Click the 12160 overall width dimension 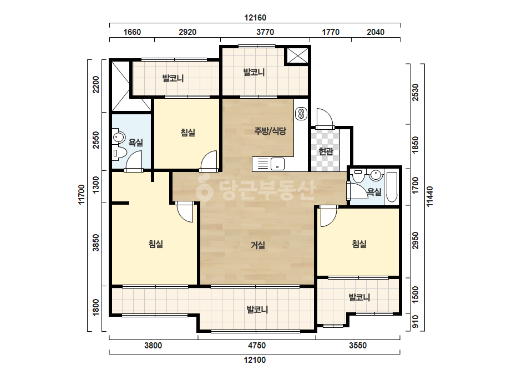point(255,18)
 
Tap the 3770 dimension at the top point(265,32)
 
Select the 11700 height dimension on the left point(82,195)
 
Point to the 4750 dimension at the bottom point(257,345)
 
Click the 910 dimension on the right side point(415,322)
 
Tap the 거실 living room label point(257,245)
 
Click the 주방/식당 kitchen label point(270,131)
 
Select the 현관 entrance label point(326,151)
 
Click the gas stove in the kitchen point(301,114)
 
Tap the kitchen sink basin point(277,164)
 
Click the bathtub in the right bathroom point(392,187)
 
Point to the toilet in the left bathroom point(119,153)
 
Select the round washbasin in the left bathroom point(119,137)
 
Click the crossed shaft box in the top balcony point(297,55)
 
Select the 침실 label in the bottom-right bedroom point(359,244)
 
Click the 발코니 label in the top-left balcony point(173,78)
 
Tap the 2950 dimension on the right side point(415,241)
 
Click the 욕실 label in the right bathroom point(374,192)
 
